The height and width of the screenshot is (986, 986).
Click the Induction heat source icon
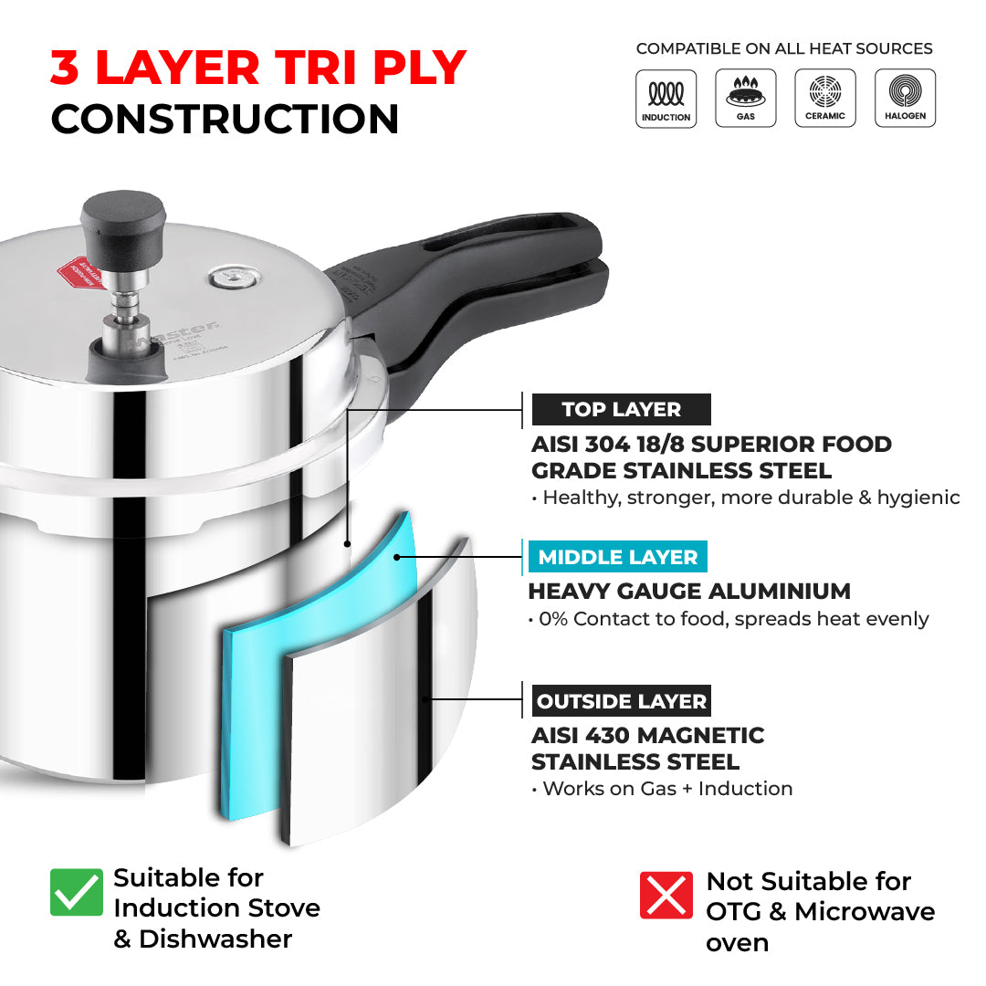(666, 98)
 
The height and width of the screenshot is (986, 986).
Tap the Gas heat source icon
(746, 98)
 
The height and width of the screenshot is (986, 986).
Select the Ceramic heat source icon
(825, 98)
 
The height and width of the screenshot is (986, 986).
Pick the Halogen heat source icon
(905, 98)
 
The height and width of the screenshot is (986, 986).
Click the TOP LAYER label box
(621, 409)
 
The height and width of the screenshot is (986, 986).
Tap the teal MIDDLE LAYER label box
(617, 557)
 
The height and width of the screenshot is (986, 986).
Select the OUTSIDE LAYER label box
(621, 701)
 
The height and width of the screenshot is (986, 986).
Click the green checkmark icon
(77, 892)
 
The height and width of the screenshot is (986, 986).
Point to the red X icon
(666, 895)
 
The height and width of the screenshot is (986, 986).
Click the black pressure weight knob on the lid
(123, 220)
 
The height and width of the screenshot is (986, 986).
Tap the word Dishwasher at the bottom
(215, 939)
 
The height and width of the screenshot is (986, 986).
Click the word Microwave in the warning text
(865, 911)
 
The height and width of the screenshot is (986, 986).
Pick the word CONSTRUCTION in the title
(225, 120)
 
